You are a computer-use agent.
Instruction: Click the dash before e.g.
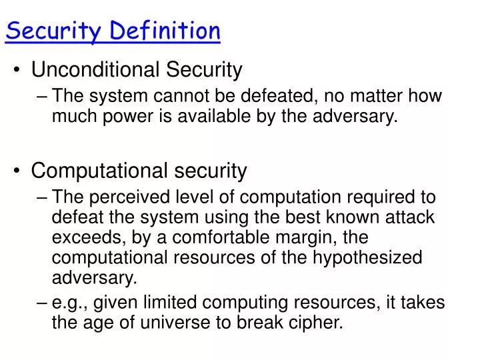(x=44, y=303)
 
